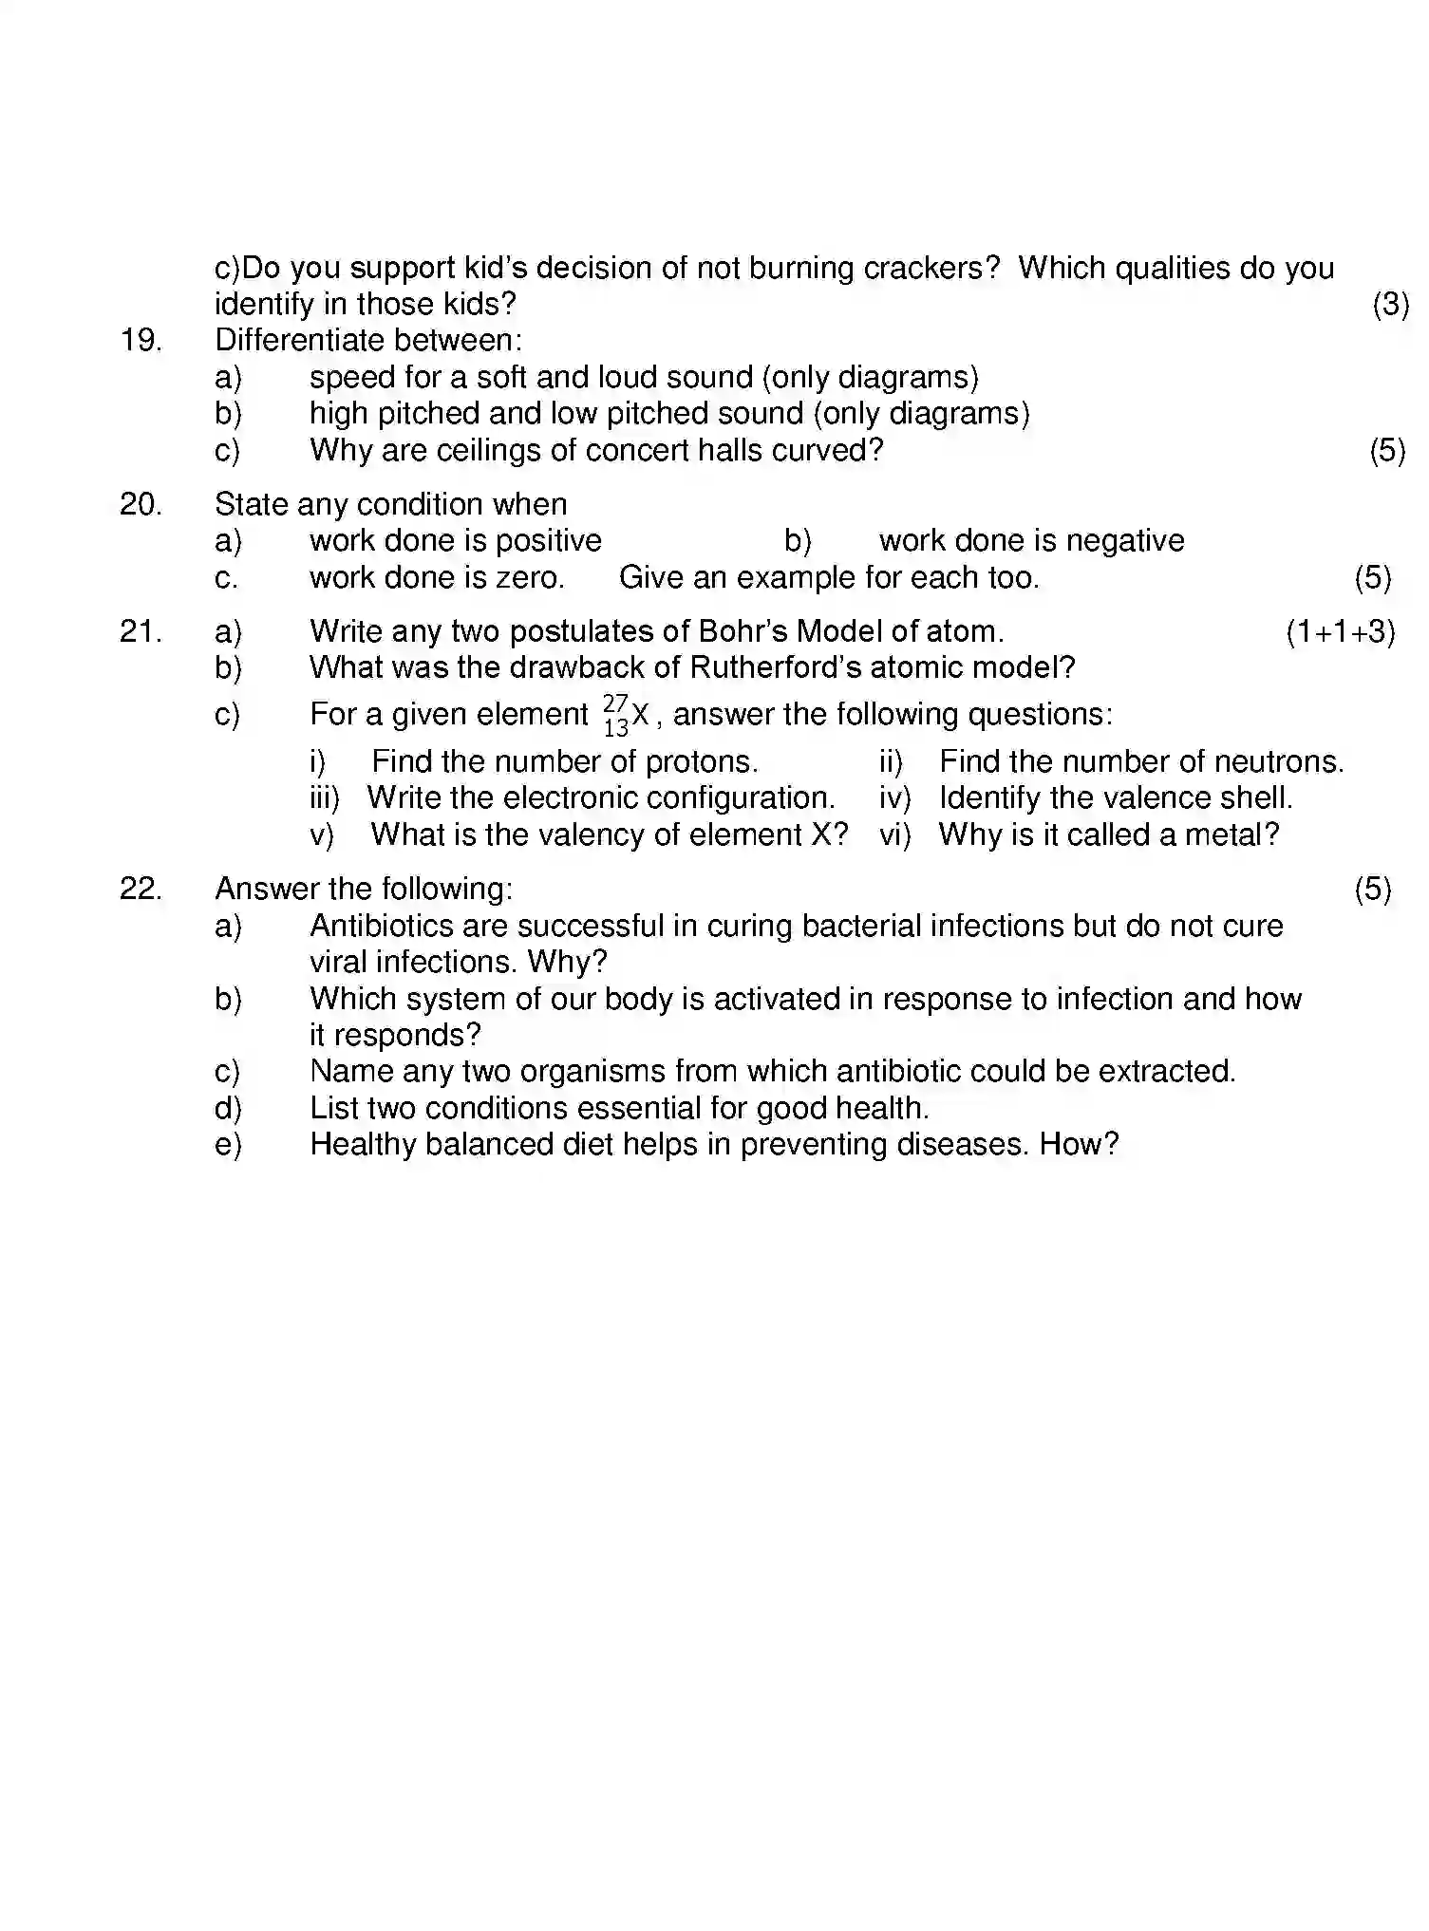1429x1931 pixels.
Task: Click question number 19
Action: point(141,341)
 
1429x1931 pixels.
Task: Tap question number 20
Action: point(141,504)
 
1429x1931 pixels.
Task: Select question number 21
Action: point(141,631)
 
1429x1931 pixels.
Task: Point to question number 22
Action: point(141,889)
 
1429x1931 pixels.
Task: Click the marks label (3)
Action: point(1390,305)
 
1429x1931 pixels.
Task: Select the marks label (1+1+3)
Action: point(1340,632)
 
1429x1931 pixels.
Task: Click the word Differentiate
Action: point(300,341)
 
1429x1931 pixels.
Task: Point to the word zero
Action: point(530,578)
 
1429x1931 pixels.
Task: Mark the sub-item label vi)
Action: point(894,835)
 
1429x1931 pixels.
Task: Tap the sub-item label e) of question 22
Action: point(228,1145)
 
